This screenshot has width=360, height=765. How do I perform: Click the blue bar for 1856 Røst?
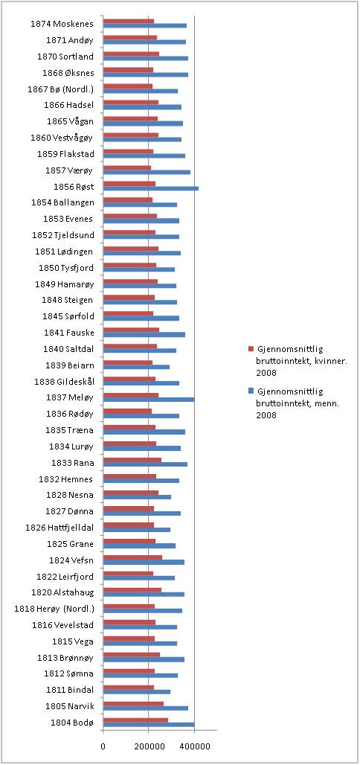tap(151, 188)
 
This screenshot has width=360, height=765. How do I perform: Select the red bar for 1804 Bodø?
tap(135, 720)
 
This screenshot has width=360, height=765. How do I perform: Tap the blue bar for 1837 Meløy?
tap(150, 400)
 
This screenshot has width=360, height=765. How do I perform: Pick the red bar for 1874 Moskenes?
tap(129, 21)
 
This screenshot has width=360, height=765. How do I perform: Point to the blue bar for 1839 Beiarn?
tap(137, 367)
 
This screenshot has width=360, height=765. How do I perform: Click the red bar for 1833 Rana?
tap(132, 460)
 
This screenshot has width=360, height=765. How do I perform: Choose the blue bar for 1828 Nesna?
tap(137, 497)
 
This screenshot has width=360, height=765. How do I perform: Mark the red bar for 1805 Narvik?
tap(134, 703)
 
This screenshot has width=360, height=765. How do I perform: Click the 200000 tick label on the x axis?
tap(148, 746)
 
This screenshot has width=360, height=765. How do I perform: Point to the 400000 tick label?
tap(194, 746)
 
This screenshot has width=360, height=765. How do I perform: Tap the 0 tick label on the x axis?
tap(103, 746)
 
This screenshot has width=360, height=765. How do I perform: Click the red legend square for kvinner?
tap(251, 349)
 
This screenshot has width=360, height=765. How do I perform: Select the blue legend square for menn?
tap(251, 391)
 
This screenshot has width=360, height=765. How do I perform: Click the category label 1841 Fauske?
tap(70, 332)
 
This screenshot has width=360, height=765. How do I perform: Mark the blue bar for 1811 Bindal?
tap(137, 692)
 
